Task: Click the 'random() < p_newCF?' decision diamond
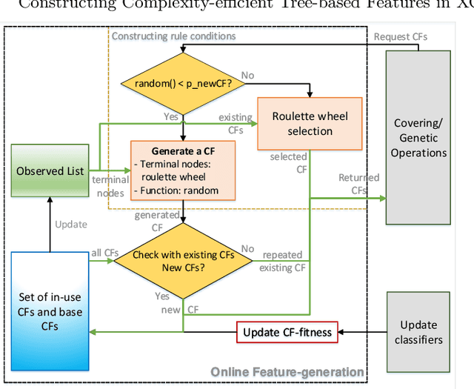[182, 83]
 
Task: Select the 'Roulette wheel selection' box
[310, 124]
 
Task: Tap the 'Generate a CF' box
[184, 170]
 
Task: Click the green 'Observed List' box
[50, 171]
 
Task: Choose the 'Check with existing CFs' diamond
[182, 261]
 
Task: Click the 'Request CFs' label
[400, 36]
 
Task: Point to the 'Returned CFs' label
[359, 183]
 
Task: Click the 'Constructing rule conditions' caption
[173, 36]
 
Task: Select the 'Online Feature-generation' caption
[287, 371]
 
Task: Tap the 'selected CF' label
[289, 163]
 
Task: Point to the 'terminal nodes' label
[110, 186]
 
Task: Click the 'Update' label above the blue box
[70, 224]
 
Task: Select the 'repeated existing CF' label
[284, 262]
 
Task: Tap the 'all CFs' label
[104, 253]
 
